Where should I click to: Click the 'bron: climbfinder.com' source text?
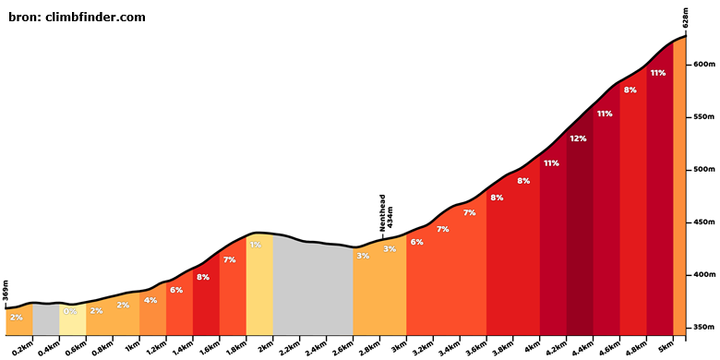click(77, 18)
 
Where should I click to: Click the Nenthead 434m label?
click(385, 213)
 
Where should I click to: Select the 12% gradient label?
click(578, 138)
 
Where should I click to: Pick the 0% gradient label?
click(70, 311)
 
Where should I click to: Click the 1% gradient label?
click(256, 245)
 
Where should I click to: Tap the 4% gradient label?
click(150, 300)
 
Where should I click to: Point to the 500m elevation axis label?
click(704, 170)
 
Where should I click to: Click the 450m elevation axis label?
click(704, 222)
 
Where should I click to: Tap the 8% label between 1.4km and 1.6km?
click(202, 277)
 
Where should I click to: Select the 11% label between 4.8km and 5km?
click(658, 73)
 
